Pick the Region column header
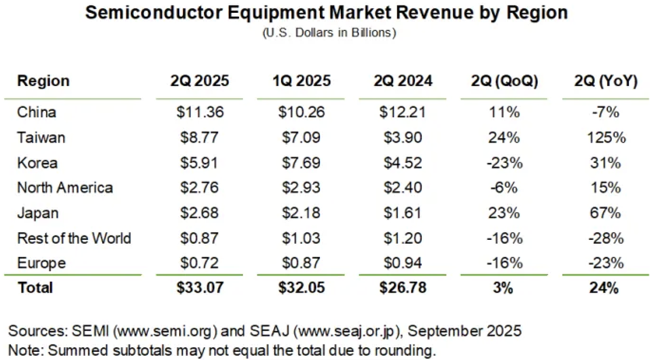[43, 81]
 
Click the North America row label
[65, 188]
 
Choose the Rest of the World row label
[74, 238]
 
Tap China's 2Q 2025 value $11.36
[200, 112]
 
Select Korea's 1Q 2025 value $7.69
[300, 163]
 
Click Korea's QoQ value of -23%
[504, 163]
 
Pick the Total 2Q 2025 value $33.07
[200, 287]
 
